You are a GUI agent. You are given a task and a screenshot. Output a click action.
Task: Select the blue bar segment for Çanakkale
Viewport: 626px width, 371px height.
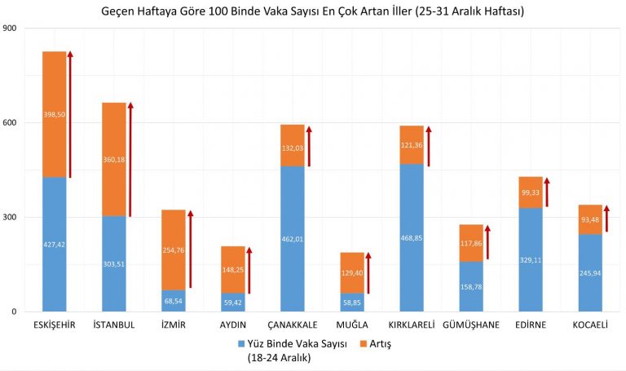(292, 261)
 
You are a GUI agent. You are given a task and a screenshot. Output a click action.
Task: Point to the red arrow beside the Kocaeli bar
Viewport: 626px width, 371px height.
(606, 219)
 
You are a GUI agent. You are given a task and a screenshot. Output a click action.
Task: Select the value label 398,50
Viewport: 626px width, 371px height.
(54, 114)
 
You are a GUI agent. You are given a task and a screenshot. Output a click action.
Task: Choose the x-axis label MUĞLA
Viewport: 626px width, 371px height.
(352, 325)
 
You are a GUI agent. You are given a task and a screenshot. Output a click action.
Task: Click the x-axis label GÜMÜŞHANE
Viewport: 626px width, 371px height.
(470, 325)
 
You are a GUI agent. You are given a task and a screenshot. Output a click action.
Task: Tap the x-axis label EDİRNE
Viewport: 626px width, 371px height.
(531, 325)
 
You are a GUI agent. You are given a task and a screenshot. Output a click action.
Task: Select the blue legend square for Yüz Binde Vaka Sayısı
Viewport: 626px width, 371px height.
(242, 344)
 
